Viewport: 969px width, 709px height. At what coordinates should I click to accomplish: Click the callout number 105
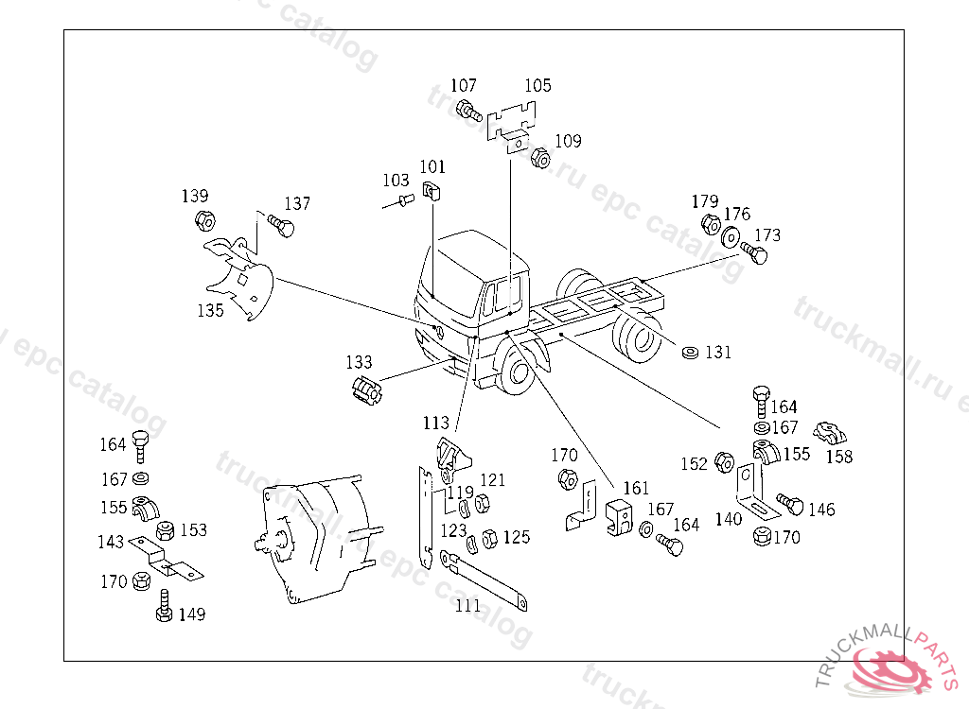click(x=537, y=86)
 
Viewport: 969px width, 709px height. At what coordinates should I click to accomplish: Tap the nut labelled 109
click(x=540, y=158)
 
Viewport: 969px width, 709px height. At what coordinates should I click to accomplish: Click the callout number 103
click(x=396, y=180)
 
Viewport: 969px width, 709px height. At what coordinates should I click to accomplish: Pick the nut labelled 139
click(x=203, y=221)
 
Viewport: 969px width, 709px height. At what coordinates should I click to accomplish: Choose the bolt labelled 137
click(x=281, y=227)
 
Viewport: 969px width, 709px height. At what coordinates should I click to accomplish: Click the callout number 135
click(x=210, y=309)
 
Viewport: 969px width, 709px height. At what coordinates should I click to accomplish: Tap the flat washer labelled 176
click(x=731, y=237)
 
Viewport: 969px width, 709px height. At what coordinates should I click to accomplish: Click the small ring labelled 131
click(x=691, y=354)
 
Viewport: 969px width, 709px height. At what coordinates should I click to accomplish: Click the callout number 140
click(x=728, y=518)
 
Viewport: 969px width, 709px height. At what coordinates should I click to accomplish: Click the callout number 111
click(x=468, y=605)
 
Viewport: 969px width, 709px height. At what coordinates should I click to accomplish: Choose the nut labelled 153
click(x=164, y=530)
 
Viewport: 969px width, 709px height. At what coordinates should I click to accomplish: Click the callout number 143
click(x=111, y=542)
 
